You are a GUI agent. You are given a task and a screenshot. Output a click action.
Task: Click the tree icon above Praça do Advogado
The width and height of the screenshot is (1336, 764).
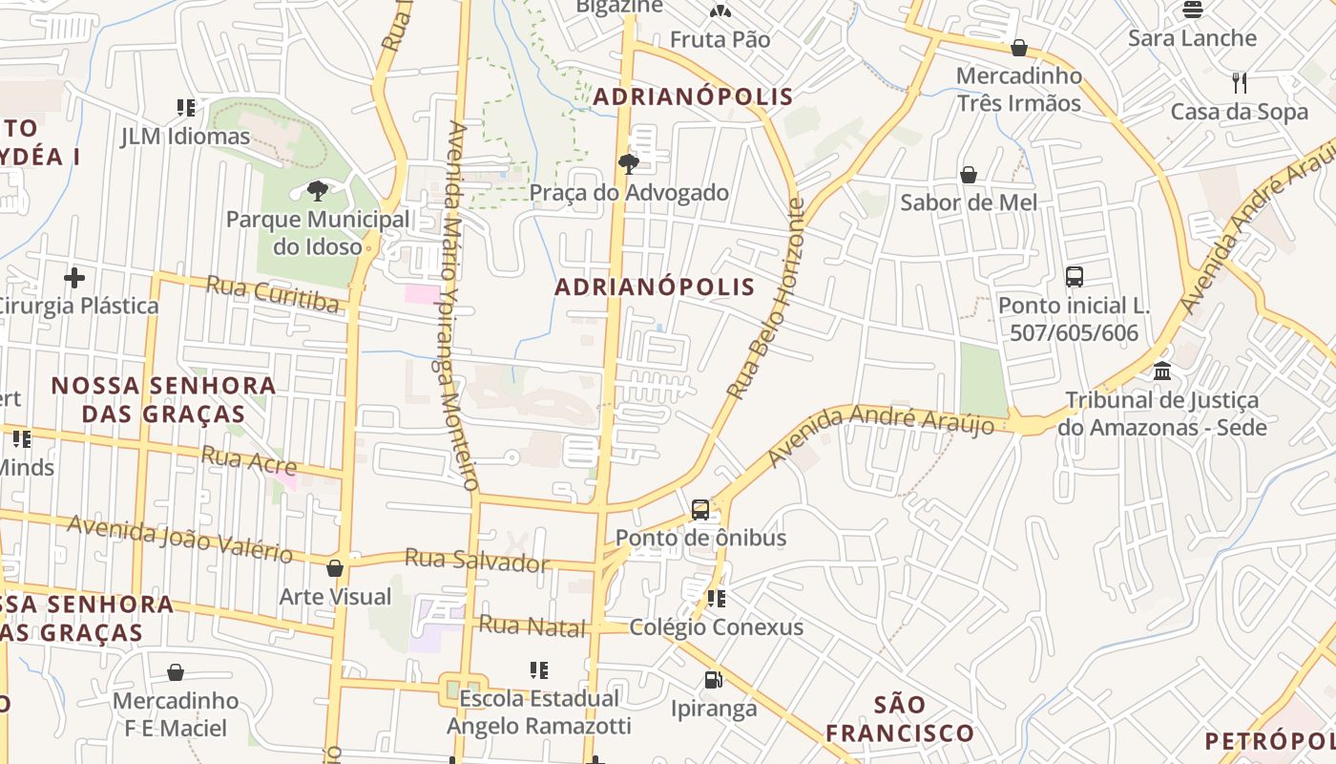(x=628, y=163)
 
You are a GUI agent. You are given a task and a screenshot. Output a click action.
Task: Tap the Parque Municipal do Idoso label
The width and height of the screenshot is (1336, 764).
(x=318, y=233)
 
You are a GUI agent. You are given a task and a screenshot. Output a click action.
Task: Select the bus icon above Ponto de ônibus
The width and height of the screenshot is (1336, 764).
(x=700, y=509)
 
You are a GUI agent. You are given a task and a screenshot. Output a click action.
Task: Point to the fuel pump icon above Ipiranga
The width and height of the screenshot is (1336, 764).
(x=713, y=680)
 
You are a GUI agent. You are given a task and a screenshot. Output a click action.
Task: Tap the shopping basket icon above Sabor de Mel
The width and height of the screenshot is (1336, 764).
(x=969, y=175)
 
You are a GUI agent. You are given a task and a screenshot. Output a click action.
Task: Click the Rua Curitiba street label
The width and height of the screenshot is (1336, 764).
(x=273, y=294)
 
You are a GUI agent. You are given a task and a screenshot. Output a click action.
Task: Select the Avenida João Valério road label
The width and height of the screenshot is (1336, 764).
(x=179, y=539)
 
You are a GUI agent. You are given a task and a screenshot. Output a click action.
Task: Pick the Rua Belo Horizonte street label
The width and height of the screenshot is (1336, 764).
(x=766, y=299)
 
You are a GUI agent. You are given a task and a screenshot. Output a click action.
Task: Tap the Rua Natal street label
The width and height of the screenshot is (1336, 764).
(x=532, y=626)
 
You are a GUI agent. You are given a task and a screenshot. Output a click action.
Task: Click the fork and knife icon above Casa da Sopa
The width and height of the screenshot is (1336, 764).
(x=1239, y=83)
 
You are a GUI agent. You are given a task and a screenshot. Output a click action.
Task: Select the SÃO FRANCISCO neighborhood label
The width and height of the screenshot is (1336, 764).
(x=899, y=719)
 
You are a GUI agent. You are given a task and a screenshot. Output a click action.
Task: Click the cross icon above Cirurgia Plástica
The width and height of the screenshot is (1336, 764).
(x=74, y=278)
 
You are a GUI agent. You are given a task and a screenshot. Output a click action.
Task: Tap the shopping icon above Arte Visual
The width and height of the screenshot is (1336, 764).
(x=335, y=568)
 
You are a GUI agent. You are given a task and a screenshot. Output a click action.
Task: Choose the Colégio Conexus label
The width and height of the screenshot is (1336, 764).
(x=717, y=627)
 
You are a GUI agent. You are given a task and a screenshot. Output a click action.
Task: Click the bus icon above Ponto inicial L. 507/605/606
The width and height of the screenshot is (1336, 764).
(x=1075, y=277)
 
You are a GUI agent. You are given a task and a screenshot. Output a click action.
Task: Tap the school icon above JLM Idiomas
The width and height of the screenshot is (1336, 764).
(x=185, y=108)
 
